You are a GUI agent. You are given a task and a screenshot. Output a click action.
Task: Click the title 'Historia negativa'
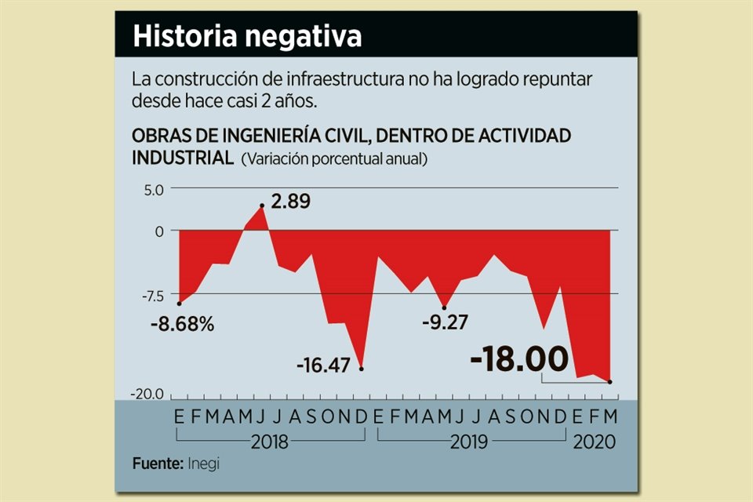[247, 37]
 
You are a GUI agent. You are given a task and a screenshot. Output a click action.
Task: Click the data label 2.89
[290, 202]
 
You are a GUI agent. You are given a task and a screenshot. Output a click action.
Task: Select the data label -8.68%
[183, 323]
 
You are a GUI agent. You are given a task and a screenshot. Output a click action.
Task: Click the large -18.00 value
[518, 360]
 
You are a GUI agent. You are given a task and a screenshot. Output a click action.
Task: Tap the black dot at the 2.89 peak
[262, 206]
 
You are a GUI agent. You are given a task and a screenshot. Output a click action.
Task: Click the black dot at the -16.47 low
[362, 369]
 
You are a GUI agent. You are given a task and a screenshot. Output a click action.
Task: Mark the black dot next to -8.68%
[180, 304]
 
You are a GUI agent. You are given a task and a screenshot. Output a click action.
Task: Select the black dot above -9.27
[445, 307]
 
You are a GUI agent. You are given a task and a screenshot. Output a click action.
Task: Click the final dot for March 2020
[609, 382]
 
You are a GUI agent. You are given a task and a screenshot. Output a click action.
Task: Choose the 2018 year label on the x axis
[270, 442]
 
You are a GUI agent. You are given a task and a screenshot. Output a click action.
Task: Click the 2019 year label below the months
[469, 442]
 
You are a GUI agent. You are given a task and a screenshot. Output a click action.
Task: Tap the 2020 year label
[594, 442]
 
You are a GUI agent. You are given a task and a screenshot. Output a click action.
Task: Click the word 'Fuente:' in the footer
[158, 464]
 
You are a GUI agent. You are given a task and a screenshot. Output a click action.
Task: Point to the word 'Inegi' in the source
[204, 464]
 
